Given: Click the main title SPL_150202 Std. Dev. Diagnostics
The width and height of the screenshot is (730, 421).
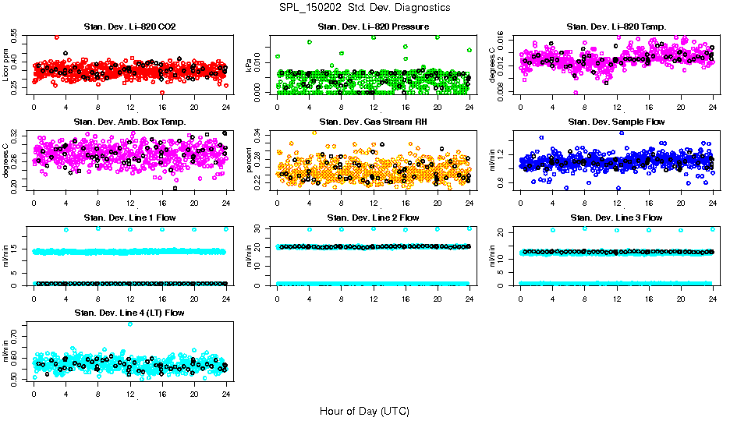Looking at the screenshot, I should (x=364, y=7).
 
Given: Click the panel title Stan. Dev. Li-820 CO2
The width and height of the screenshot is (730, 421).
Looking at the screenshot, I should (x=129, y=27).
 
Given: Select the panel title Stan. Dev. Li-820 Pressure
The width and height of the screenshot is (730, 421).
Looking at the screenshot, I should (x=373, y=27).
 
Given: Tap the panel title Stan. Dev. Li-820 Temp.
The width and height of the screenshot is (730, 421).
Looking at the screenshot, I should (x=617, y=27).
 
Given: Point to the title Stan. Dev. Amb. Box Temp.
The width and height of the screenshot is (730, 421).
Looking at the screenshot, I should (x=129, y=122).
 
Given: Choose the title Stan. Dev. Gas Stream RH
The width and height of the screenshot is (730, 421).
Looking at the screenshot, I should (x=373, y=122).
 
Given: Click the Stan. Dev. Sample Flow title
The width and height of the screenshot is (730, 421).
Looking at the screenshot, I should (x=617, y=122).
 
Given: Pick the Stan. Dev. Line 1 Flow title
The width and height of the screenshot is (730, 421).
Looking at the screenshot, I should (x=129, y=218).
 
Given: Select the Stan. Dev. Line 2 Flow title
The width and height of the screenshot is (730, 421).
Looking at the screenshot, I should (x=373, y=218).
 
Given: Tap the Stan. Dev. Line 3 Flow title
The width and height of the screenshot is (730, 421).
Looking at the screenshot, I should (x=617, y=218).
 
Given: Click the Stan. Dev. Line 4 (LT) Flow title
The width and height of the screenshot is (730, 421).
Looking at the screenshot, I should (x=129, y=313).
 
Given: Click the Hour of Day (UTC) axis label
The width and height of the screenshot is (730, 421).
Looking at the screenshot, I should (x=364, y=410).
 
